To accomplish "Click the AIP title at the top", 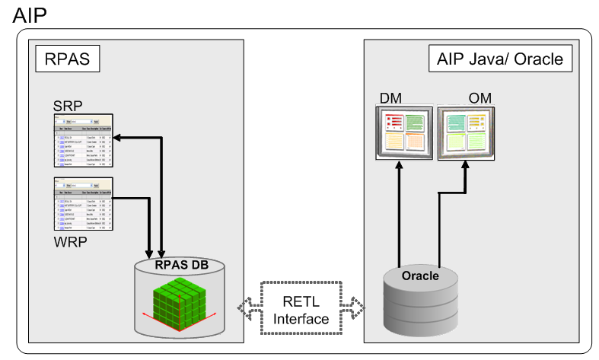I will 29,14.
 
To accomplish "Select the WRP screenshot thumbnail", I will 83,204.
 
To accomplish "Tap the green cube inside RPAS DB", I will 180,299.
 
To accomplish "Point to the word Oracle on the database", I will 420,276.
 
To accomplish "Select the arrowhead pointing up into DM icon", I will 401,166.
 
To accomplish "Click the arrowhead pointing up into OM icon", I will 464,166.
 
